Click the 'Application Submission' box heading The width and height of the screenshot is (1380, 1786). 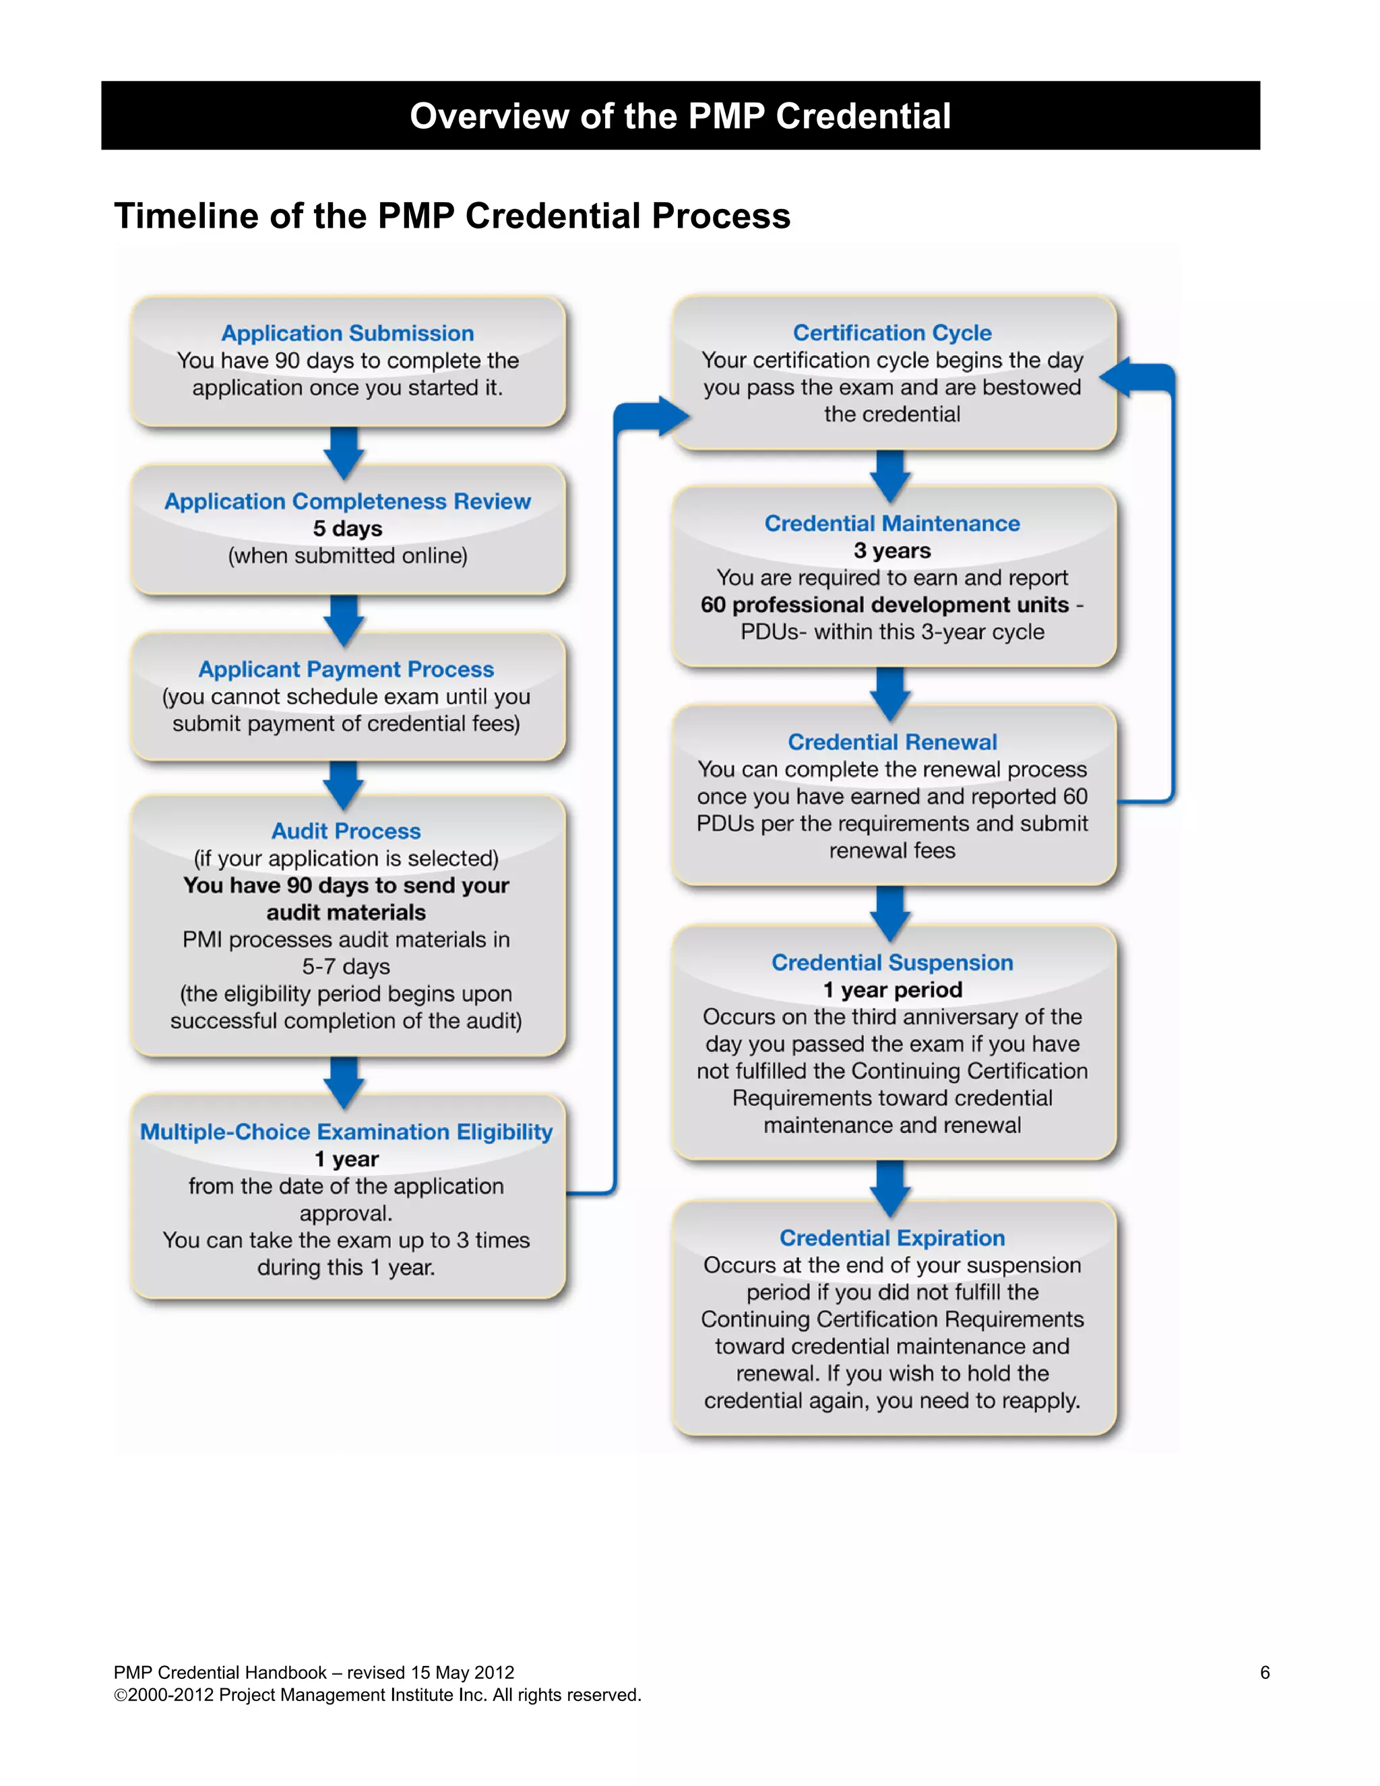coord(348,333)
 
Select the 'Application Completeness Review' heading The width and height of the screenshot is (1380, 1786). coord(348,501)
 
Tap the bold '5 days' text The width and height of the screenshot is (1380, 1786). coord(348,528)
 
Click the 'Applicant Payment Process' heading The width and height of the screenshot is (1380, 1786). coord(346,669)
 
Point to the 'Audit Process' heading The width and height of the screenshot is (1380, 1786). coord(346,831)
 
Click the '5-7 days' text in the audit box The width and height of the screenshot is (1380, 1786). coord(346,966)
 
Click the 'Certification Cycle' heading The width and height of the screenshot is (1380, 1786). coord(892,333)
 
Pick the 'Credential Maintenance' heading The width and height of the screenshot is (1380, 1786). coord(892,524)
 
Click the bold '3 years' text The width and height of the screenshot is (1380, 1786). coord(892,551)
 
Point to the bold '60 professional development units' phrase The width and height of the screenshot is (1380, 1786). coord(885,605)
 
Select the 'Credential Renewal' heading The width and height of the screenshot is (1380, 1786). coord(892,742)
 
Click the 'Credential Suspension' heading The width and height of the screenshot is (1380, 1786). coord(892,962)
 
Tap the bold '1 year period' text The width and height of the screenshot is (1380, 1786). coord(892,989)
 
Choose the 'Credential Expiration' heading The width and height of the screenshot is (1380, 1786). coord(892,1238)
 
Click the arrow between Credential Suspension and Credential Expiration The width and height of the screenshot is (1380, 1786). coord(890,1188)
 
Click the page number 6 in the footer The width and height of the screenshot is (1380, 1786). coord(1265,1672)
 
